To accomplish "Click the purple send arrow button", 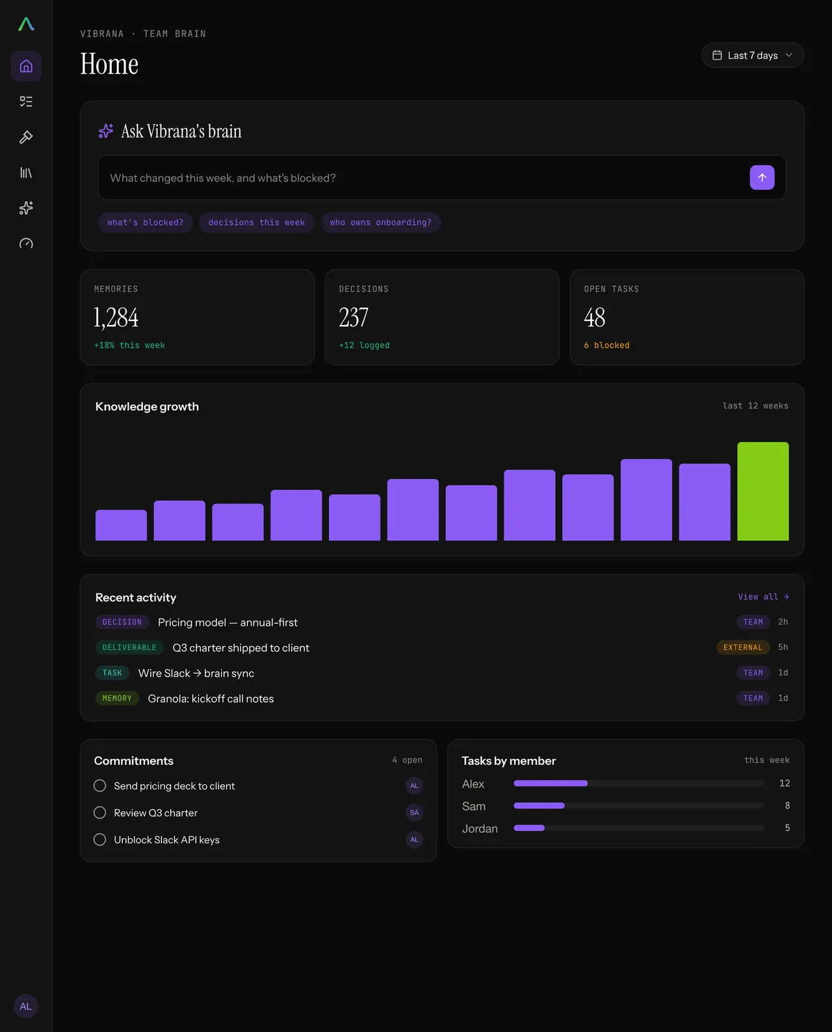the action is click(761, 177).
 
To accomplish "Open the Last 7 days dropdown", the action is click(752, 55).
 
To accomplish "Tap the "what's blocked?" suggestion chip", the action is click(146, 222).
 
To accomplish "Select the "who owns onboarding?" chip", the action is click(380, 222).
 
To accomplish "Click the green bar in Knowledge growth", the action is click(762, 491).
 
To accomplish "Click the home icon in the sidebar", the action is click(26, 66).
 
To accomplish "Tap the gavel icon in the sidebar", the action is click(26, 137).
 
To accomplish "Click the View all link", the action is click(763, 597).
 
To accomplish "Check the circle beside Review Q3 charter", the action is click(100, 812).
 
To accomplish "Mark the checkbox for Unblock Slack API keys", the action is click(100, 839).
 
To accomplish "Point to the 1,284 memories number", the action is click(116, 318).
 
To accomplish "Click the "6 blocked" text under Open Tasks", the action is click(606, 345).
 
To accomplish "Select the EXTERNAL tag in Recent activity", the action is click(742, 647).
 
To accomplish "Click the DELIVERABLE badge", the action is click(129, 647).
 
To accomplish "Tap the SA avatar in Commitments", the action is click(414, 812).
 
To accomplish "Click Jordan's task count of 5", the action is click(787, 828).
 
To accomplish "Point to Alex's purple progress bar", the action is click(551, 783).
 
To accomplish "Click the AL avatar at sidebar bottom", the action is click(26, 1006).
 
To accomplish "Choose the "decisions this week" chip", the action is click(256, 222).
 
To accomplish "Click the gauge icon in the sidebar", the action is click(26, 244).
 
